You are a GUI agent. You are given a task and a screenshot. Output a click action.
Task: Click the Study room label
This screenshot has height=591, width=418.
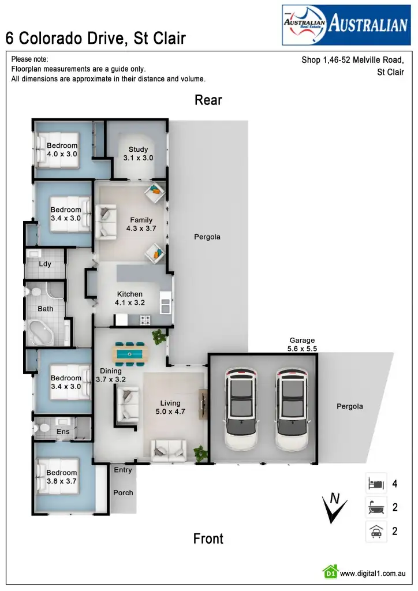click(x=138, y=154)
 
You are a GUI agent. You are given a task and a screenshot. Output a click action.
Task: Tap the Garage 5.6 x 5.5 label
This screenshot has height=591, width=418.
click(x=302, y=345)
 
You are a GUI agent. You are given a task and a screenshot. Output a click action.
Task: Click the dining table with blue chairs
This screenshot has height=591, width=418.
click(x=130, y=353)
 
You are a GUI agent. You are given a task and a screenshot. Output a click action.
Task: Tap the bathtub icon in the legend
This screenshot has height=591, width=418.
click(x=376, y=507)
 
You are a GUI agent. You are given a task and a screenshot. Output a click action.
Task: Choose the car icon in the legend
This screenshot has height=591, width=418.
click(x=376, y=531)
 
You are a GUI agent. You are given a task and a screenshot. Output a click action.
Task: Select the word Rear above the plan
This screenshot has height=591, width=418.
click(x=208, y=100)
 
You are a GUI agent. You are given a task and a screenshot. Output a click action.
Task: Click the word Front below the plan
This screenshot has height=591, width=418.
click(x=208, y=539)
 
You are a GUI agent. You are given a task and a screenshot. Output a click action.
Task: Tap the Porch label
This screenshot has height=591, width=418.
click(x=123, y=493)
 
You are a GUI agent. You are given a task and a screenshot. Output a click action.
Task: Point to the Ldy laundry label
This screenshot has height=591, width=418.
click(x=45, y=264)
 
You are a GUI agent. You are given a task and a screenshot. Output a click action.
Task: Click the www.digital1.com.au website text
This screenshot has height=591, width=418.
click(x=372, y=574)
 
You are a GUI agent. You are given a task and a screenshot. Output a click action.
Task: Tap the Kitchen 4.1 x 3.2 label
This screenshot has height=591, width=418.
click(x=129, y=298)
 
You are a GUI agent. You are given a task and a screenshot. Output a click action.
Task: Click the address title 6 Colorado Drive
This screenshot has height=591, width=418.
click(x=95, y=39)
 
